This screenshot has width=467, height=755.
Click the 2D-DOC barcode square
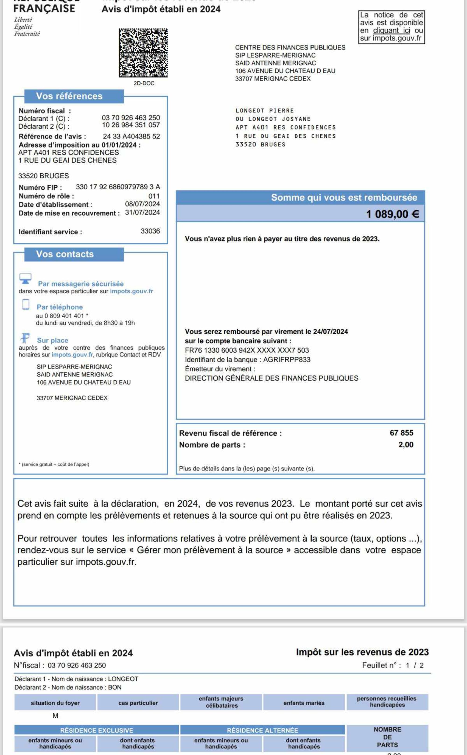[143, 53]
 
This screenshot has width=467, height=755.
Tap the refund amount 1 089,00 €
[392, 214]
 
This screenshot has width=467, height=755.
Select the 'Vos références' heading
[69, 96]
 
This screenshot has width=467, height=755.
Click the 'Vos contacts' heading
[65, 254]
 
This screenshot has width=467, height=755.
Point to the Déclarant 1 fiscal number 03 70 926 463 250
[131, 118]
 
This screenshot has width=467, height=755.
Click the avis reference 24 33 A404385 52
[131, 136]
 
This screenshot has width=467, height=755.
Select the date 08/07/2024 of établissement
[142, 204]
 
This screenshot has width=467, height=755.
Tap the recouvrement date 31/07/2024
[142, 213]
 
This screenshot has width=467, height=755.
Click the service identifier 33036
[150, 231]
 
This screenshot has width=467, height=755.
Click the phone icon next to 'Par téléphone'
[26, 304]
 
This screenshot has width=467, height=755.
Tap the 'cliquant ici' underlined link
[391, 31]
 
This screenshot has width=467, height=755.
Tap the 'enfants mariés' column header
[304, 703]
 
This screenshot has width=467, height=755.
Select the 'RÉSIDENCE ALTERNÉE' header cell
[262, 730]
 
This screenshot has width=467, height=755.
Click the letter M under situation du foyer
[55, 716]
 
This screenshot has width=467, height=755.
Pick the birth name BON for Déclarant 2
[115, 687]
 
